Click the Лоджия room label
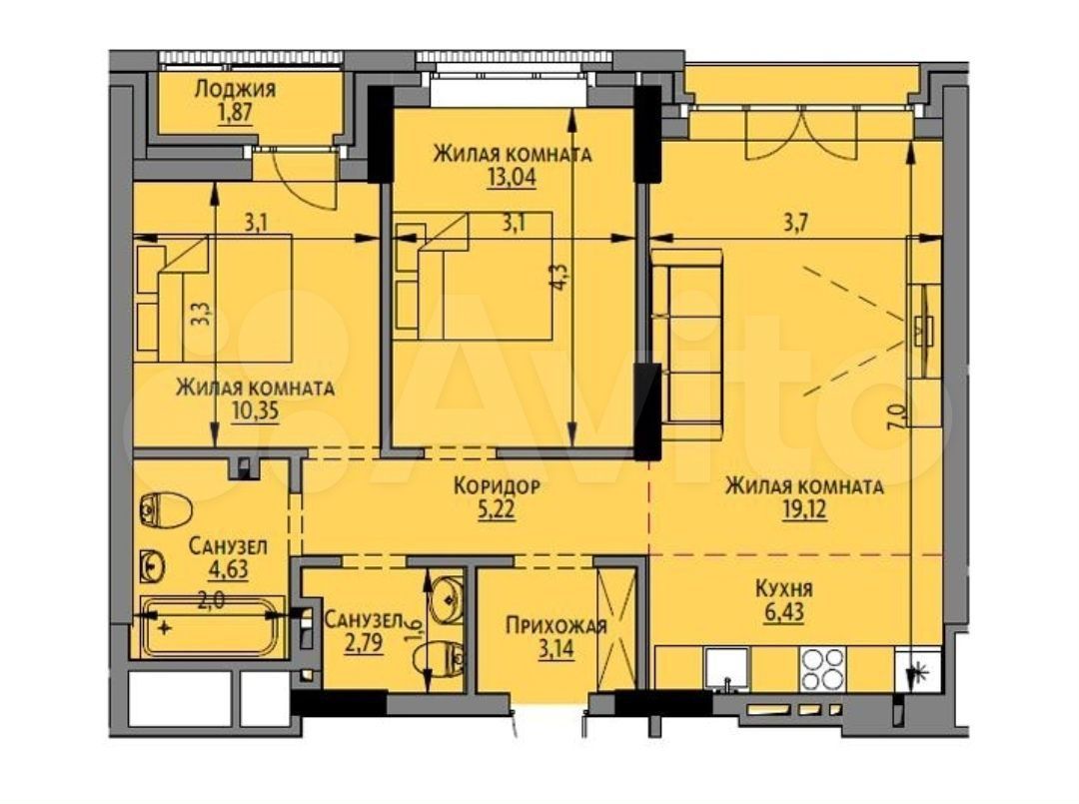235,89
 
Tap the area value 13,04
511,178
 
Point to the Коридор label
497,486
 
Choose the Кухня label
784,589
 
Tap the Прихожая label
556,625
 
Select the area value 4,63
227,570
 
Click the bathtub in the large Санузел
211,626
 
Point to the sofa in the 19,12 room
686,337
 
